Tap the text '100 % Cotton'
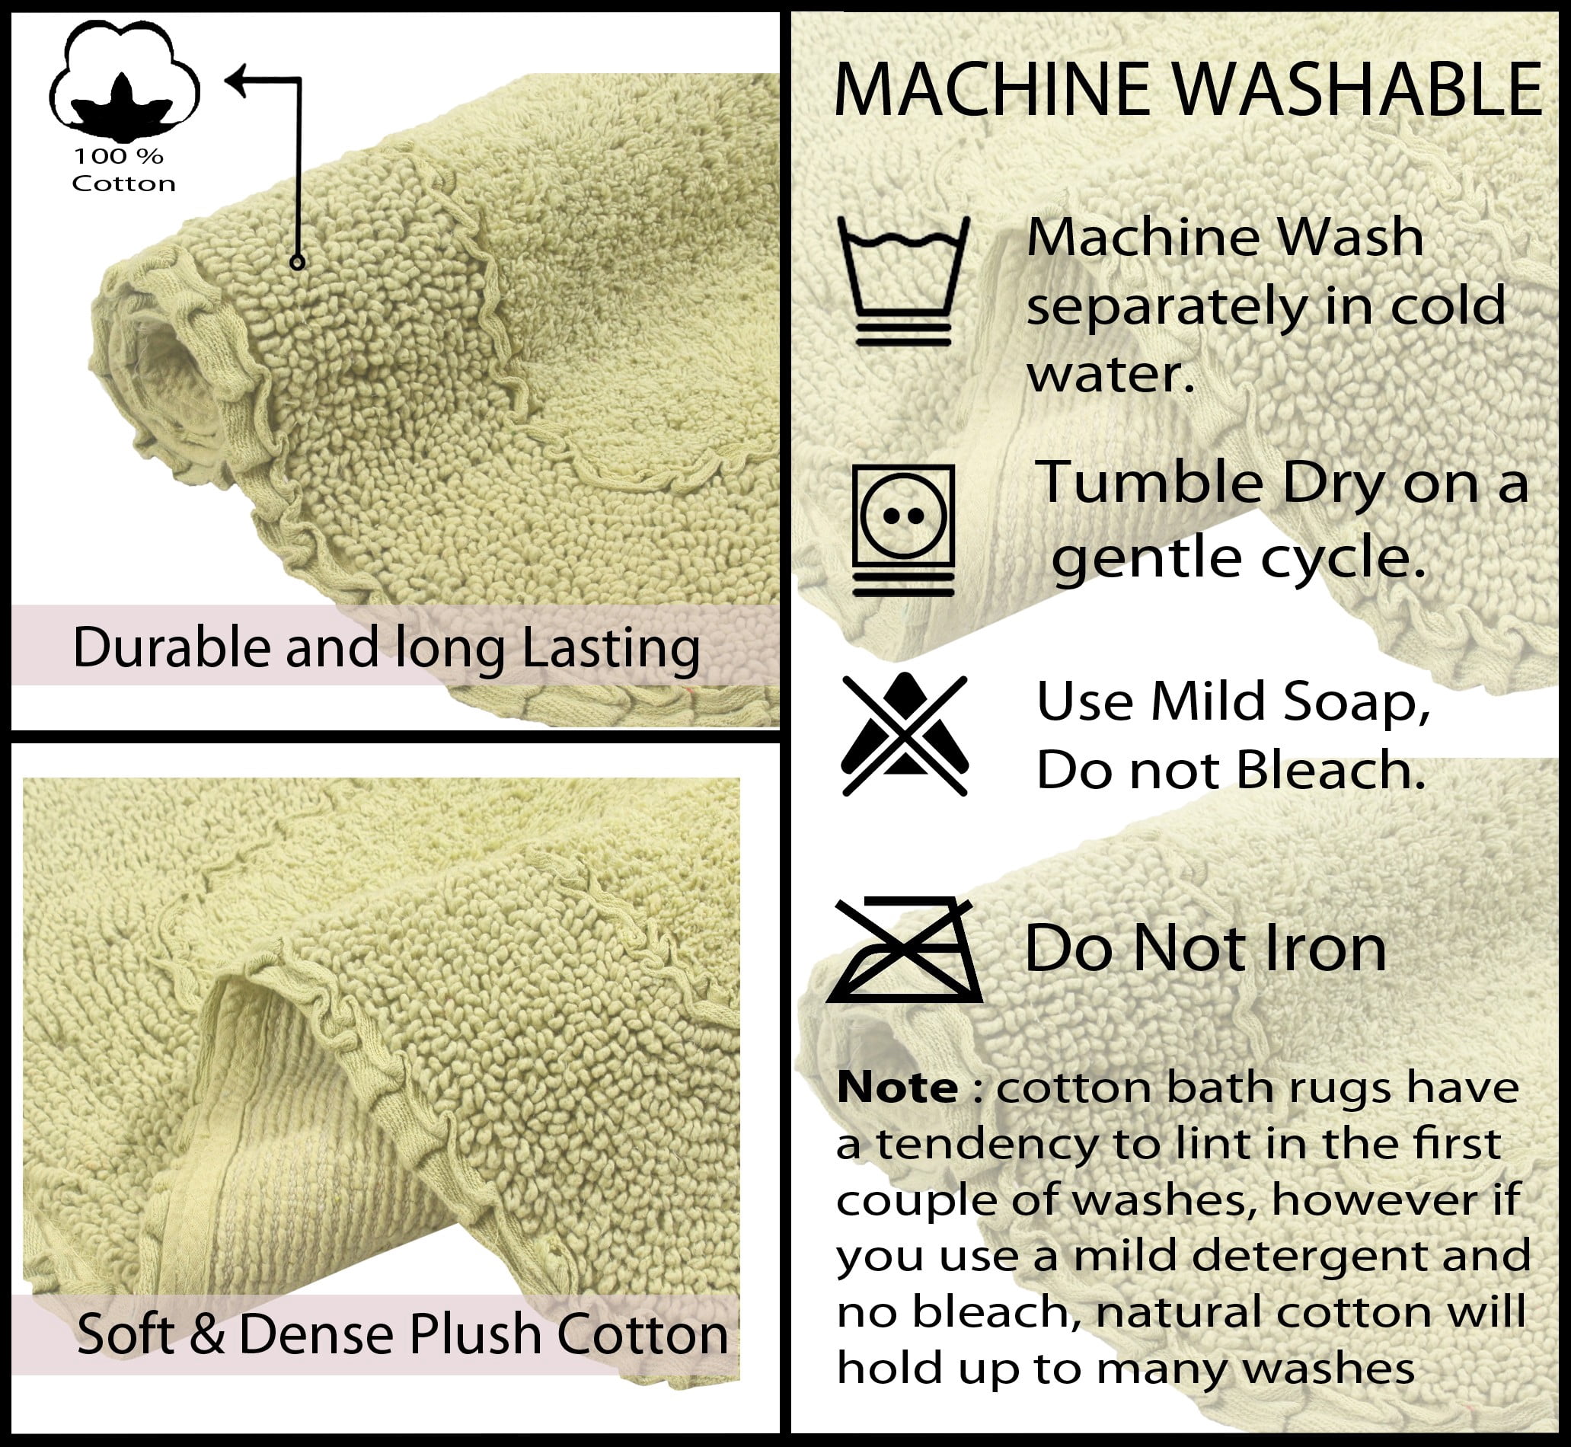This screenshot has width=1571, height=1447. coord(123,170)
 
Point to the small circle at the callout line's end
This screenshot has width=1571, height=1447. coord(297,262)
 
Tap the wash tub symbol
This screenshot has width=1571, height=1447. coord(903,280)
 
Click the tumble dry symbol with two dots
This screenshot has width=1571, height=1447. coord(903,530)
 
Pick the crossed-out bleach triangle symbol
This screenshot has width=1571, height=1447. coord(904,733)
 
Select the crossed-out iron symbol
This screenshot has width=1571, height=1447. coord(904,950)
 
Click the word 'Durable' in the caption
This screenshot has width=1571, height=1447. coord(171,647)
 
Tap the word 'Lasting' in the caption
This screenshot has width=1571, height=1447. coord(611,649)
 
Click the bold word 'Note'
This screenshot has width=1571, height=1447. coord(897,1088)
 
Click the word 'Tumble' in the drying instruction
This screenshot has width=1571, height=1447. coord(1148,482)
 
